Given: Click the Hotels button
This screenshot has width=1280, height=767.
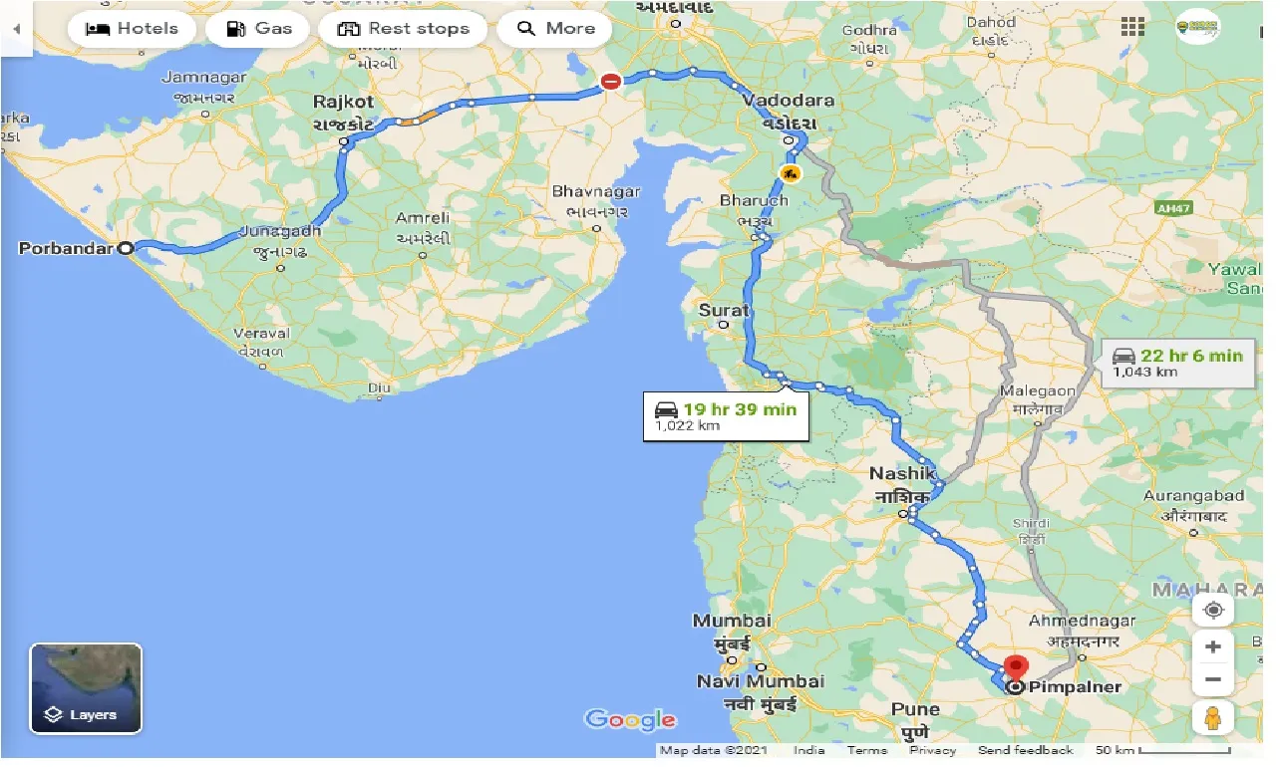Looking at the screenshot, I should (132, 29).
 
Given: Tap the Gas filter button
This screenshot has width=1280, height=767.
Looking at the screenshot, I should (257, 29).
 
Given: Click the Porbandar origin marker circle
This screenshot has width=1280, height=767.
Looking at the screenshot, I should (127, 249).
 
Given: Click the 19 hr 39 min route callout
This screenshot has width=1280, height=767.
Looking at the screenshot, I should (725, 416).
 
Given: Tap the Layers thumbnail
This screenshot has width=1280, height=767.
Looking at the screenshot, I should (86, 687).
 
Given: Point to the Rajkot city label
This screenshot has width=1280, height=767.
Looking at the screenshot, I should (343, 103).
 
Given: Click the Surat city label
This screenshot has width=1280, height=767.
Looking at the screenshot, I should (723, 311).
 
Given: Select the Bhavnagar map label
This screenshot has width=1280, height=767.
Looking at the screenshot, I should (597, 191).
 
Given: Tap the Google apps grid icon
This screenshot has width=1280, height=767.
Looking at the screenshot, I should (1132, 27).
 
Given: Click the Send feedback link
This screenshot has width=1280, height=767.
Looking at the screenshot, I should (1025, 750).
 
